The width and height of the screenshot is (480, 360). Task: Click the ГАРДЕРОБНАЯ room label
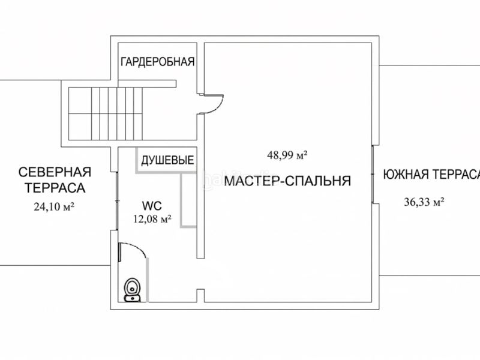[158, 62]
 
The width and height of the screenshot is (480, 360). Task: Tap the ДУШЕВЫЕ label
[167, 160]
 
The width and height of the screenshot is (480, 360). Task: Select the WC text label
[152, 206]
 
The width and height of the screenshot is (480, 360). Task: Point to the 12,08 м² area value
[152, 219]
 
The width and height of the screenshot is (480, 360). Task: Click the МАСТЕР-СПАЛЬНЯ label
[287, 181]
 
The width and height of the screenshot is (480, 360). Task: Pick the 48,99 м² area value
[287, 155]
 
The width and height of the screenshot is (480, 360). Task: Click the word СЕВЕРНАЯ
[55, 172]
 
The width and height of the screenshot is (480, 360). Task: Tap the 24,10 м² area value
[54, 207]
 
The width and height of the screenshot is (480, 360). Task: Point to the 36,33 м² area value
[424, 202]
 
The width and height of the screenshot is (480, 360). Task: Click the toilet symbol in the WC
[132, 290]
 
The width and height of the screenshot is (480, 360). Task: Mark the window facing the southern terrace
[373, 174]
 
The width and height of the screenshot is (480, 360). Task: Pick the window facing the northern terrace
[117, 201]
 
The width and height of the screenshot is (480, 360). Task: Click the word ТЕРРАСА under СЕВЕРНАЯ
[55, 188]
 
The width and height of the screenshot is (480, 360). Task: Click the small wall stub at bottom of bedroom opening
[200, 295]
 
